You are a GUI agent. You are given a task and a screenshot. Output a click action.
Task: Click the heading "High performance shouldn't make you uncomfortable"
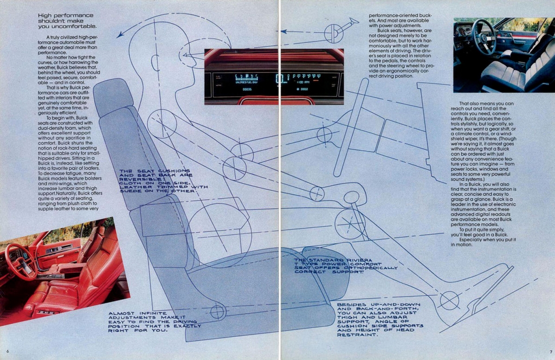(67, 21)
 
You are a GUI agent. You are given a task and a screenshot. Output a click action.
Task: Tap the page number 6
(8, 351)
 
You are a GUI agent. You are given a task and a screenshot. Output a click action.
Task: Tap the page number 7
(550, 351)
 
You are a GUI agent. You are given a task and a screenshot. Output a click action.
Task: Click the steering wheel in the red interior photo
(21, 261)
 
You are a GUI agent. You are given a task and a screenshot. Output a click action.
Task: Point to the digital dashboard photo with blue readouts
(274, 76)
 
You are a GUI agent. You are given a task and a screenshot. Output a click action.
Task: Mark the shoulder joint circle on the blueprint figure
(162, 124)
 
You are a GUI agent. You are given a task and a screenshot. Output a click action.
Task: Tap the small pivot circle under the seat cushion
(217, 312)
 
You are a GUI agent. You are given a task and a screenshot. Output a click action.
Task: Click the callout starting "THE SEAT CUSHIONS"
(163, 181)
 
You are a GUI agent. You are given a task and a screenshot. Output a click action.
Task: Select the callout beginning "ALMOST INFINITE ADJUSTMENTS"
(154, 322)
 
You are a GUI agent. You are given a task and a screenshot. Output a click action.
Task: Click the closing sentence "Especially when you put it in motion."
(487, 242)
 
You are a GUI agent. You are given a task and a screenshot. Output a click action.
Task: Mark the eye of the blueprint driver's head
(188, 55)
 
